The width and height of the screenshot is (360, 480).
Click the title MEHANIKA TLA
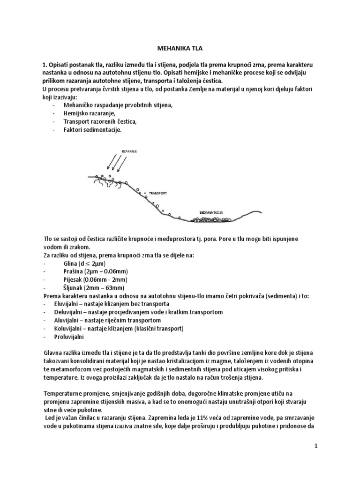point(180,48)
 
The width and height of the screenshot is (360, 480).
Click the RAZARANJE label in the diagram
point(129,152)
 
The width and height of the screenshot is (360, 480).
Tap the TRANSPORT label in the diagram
point(158,193)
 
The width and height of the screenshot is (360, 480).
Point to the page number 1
point(316,446)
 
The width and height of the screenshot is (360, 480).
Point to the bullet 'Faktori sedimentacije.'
point(92,129)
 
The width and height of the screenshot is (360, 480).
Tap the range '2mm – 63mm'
point(108,288)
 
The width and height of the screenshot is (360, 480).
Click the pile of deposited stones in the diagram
point(209,219)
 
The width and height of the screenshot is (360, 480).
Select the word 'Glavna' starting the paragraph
point(54,352)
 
